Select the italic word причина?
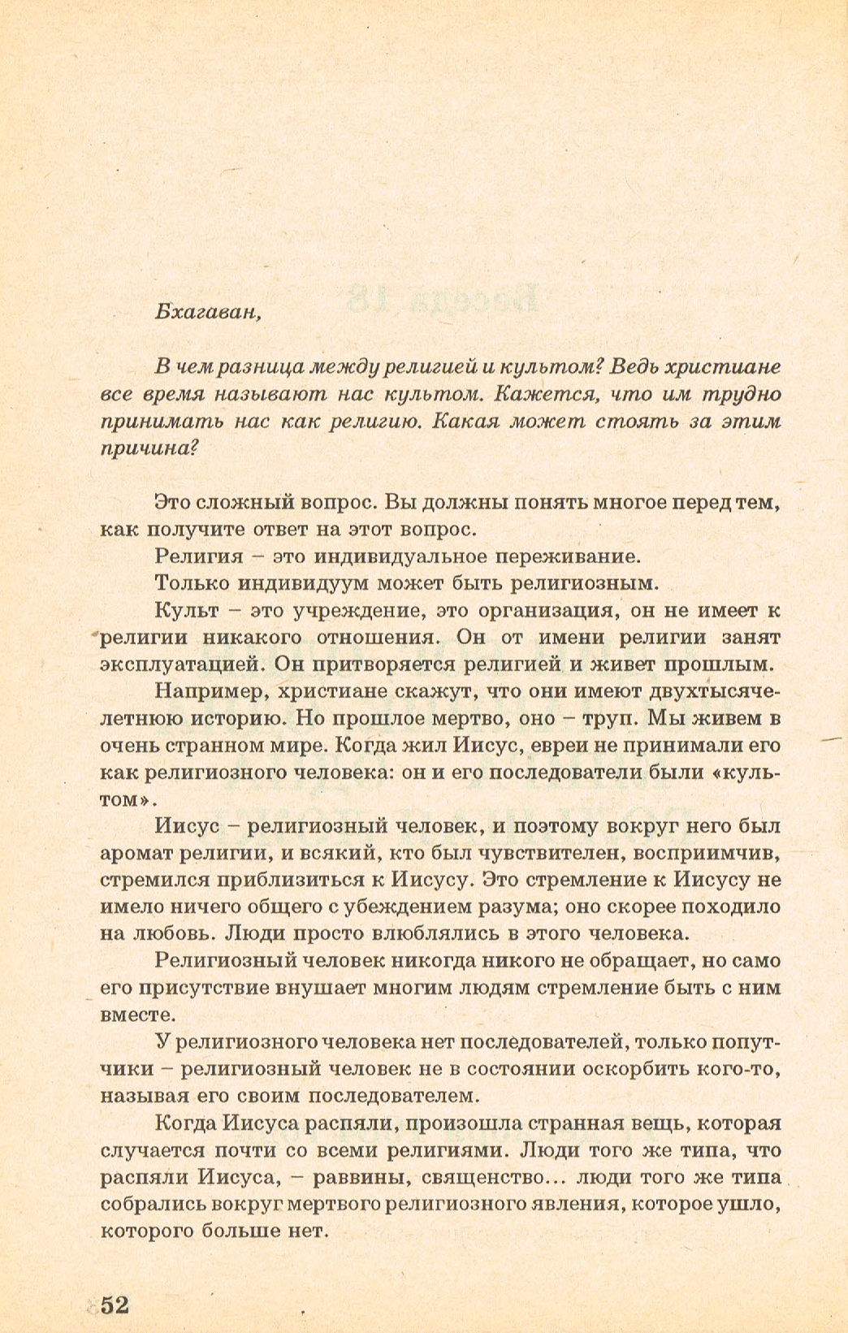(147, 449)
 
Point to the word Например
(206, 691)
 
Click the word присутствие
(218, 988)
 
